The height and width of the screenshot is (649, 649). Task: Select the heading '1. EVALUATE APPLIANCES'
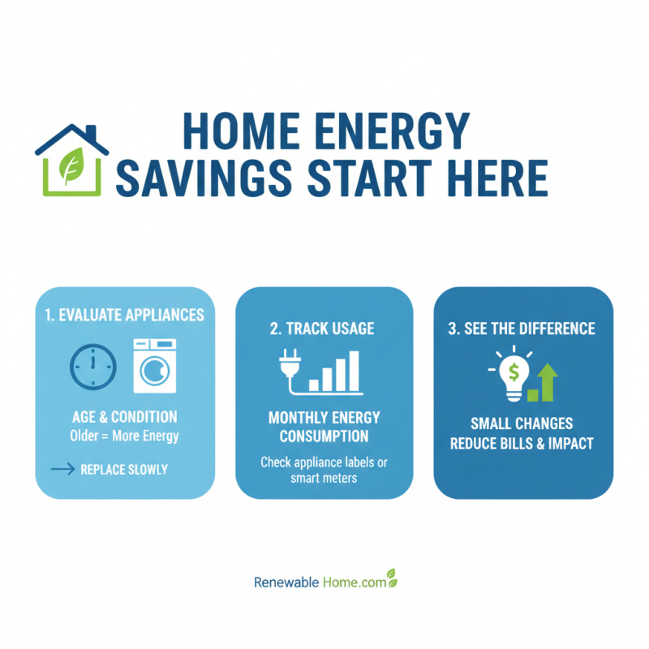coord(125,316)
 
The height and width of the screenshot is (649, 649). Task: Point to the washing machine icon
coord(154,367)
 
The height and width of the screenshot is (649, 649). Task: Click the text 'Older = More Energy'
coord(125,436)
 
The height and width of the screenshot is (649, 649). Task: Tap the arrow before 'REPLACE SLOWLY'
coord(62,469)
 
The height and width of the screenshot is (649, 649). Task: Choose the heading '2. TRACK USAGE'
coord(324,329)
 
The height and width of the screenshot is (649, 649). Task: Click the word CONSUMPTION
coord(324,436)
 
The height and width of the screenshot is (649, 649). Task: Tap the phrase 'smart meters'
coord(324,478)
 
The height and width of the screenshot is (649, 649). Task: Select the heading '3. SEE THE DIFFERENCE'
coord(522,329)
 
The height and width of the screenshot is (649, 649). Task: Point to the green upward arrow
coord(548,380)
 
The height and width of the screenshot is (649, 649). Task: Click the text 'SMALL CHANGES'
coord(522,424)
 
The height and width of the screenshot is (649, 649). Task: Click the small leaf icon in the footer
coord(391,577)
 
